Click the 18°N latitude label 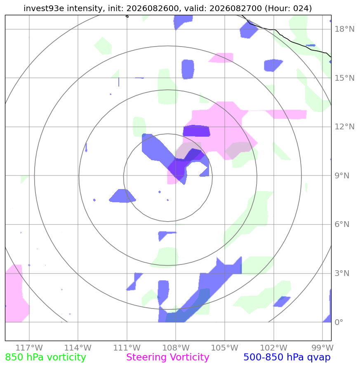coord(344,29)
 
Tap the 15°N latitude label coord(344,78)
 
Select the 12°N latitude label coord(344,126)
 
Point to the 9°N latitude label coord(342,175)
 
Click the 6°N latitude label coord(342,224)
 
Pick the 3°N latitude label coord(342,273)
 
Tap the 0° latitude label coord(339,322)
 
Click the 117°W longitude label coord(29,348)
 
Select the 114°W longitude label coord(78,348)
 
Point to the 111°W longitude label coord(127,348)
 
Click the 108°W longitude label coord(176,348)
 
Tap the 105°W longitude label coord(225,348)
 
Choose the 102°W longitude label coord(274,348)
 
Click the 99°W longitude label coord(322,348)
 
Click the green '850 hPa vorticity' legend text coord(45,358)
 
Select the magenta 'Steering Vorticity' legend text coord(167,358)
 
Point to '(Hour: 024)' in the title coord(288,8)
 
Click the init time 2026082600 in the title coord(153,8)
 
